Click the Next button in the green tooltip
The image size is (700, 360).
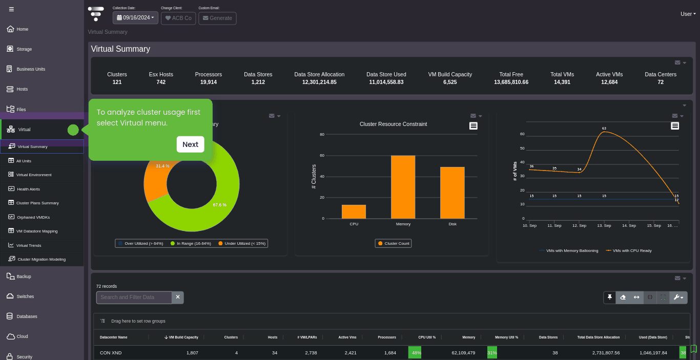[x=190, y=144]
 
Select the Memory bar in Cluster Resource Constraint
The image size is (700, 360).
[x=403, y=187]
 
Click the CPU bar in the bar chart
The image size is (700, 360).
[x=354, y=211]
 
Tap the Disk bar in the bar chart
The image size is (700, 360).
[x=452, y=193]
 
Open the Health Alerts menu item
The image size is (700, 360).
[x=28, y=189]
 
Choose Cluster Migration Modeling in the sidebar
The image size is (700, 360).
[x=42, y=259]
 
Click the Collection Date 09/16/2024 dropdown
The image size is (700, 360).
[x=135, y=18]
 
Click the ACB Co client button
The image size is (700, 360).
[x=178, y=18]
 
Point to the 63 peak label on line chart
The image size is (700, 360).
[x=604, y=129]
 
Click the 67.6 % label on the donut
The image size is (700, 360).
[x=220, y=205]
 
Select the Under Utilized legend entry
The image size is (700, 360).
[x=242, y=244]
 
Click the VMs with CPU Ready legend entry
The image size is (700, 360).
[x=629, y=251]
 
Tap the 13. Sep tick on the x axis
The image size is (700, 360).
[x=604, y=225]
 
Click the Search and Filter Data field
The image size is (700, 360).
[x=134, y=297]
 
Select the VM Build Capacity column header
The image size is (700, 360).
[x=181, y=337]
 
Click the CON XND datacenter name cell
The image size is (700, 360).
[x=111, y=353]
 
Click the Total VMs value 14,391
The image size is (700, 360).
[x=562, y=82]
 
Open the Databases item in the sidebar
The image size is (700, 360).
[x=27, y=316]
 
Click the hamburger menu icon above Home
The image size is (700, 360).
[x=12, y=9]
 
